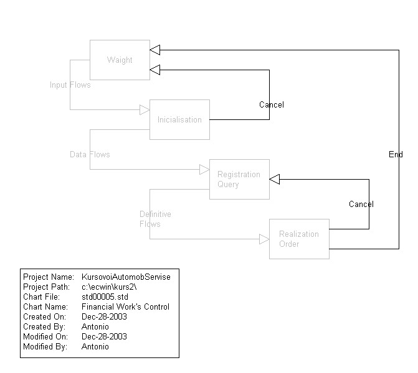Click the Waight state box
point(120,60)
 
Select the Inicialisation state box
point(179,119)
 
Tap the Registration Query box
point(239,179)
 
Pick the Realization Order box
point(299,239)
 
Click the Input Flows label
point(70,85)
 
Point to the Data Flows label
point(90,154)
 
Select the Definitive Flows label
point(155,219)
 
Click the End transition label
point(396,154)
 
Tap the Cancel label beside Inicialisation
point(272,105)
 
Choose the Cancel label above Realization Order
point(361,205)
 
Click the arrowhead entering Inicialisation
point(145,110)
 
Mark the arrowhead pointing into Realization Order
point(264,239)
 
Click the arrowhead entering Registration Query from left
point(204,169)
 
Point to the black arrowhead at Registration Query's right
point(275,179)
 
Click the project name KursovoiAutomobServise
point(126,277)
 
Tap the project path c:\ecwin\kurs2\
point(108,287)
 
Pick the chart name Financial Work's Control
point(125,306)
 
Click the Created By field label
point(43,326)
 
